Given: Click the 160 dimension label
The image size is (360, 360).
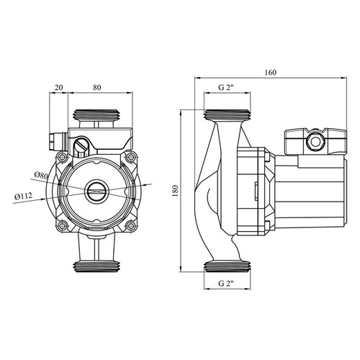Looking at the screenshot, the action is click(271, 72).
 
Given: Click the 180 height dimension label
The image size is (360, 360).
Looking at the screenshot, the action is click(176, 191).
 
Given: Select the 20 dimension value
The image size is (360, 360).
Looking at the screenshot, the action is click(58, 87).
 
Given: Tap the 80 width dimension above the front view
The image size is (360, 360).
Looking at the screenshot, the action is click(96, 87).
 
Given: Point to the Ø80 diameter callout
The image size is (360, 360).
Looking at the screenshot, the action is click(41, 175).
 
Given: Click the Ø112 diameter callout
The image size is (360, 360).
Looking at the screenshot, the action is click(23, 197).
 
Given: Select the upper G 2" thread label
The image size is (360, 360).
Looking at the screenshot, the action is click(226, 87).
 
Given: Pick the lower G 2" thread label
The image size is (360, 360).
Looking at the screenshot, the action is click(226, 284).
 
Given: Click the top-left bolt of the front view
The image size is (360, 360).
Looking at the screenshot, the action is click(63, 157).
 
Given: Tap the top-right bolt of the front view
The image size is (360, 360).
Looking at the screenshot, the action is click(131, 157).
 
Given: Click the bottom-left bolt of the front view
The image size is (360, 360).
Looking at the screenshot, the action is click(63, 225).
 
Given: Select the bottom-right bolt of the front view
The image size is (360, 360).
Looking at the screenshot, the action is click(131, 225).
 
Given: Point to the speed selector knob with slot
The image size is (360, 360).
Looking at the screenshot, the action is click(81, 145).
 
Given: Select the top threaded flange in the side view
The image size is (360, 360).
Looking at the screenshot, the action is click(227, 114).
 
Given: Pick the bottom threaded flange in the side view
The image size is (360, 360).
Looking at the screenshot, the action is click(227, 266).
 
